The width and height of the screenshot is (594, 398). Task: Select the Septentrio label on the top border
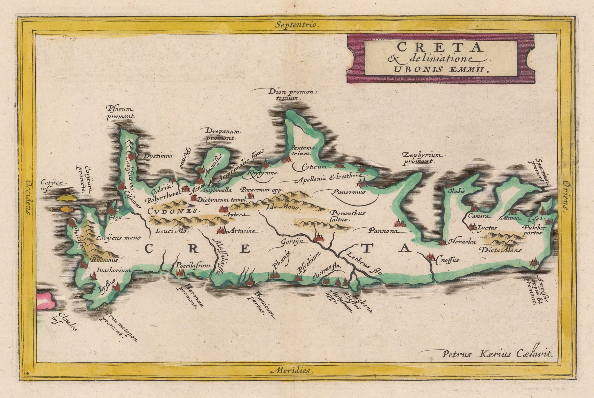click(x=297, y=25)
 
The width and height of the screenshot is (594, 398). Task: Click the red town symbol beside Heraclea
click(x=442, y=242)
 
